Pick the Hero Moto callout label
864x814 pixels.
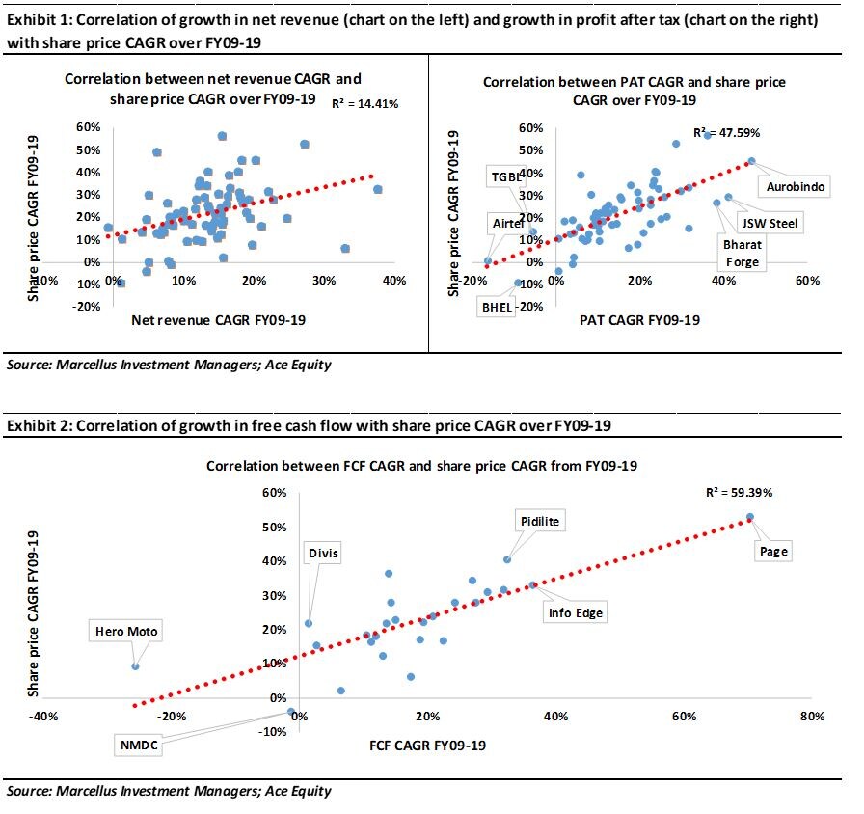click(126, 632)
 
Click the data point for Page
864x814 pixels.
click(749, 518)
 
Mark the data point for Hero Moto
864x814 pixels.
click(135, 666)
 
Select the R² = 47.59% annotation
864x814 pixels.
click(728, 133)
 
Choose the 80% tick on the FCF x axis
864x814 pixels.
click(811, 717)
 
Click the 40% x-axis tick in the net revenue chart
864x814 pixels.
click(392, 281)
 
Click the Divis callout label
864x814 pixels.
click(323, 554)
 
